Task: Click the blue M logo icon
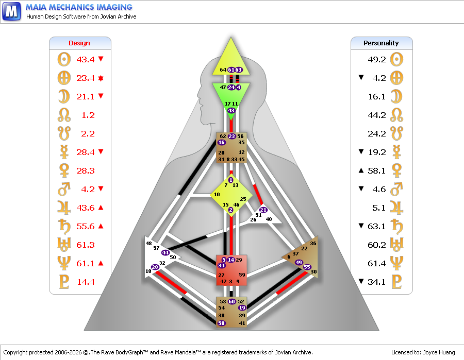[x=11, y=11]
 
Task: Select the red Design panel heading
[x=79, y=43]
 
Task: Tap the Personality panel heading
[x=381, y=43]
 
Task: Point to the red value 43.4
[x=86, y=60]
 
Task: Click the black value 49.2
[x=377, y=60]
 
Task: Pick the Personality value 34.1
[x=377, y=282]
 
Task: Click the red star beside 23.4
[x=101, y=78]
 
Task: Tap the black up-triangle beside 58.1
[x=361, y=170]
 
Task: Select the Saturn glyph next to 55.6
[x=64, y=227]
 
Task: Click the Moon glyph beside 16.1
[x=396, y=97]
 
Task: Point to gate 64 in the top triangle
[x=223, y=70]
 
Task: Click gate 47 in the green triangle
[x=223, y=88]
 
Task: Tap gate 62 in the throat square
[x=223, y=136]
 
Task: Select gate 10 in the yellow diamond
[x=217, y=195]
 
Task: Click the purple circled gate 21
[x=263, y=210]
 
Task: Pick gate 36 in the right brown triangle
[x=313, y=243]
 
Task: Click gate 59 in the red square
[x=242, y=275]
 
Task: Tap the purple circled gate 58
[x=221, y=323]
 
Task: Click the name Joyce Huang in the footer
[x=439, y=352]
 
